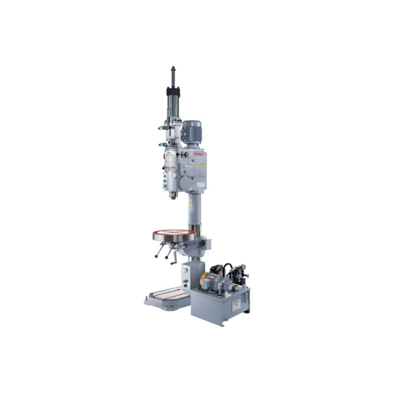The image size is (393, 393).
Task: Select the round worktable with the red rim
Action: point(174,236)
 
